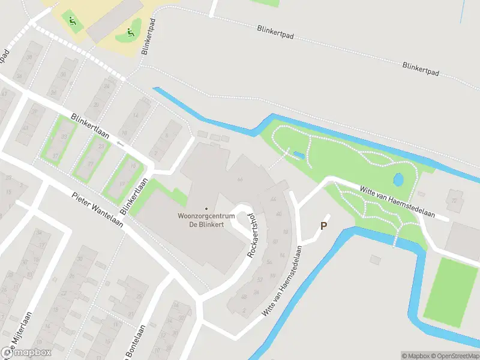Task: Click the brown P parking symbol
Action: tap(324, 226)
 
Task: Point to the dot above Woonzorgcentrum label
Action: tap(206, 209)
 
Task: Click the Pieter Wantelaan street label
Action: tap(97, 209)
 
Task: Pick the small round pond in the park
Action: tap(398, 179)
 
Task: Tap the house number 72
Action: tap(454, 201)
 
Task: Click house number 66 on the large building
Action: tap(240, 179)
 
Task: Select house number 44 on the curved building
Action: tap(274, 200)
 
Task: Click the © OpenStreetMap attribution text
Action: tap(455, 356)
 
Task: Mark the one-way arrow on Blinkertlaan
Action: tap(120, 143)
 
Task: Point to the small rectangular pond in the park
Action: tap(298, 156)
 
